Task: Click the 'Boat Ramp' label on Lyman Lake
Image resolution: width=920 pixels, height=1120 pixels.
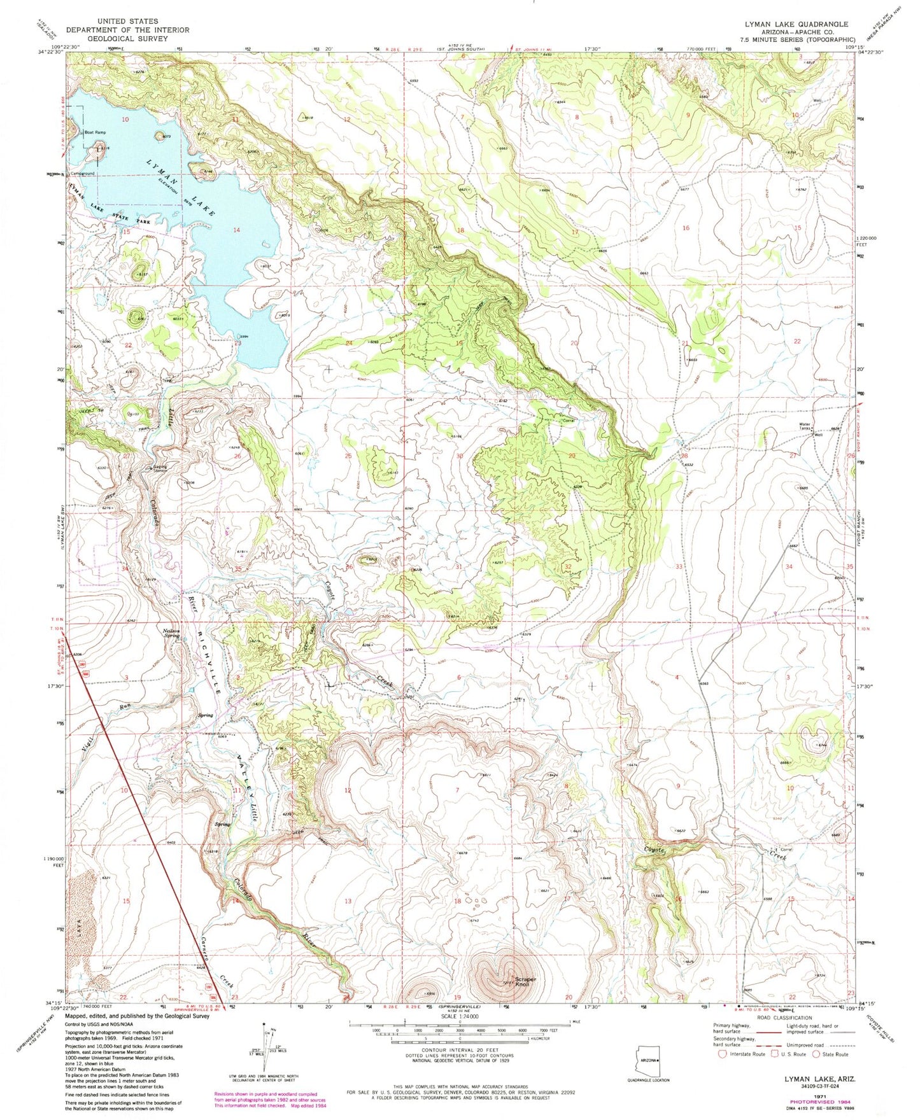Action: point(95,133)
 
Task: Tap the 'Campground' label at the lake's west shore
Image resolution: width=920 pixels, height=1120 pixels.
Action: point(82,173)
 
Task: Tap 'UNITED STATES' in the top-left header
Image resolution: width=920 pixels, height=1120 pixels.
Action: point(127,22)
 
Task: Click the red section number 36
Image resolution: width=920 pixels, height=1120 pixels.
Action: point(349,567)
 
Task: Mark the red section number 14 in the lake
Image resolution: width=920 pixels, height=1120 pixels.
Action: point(236,230)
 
